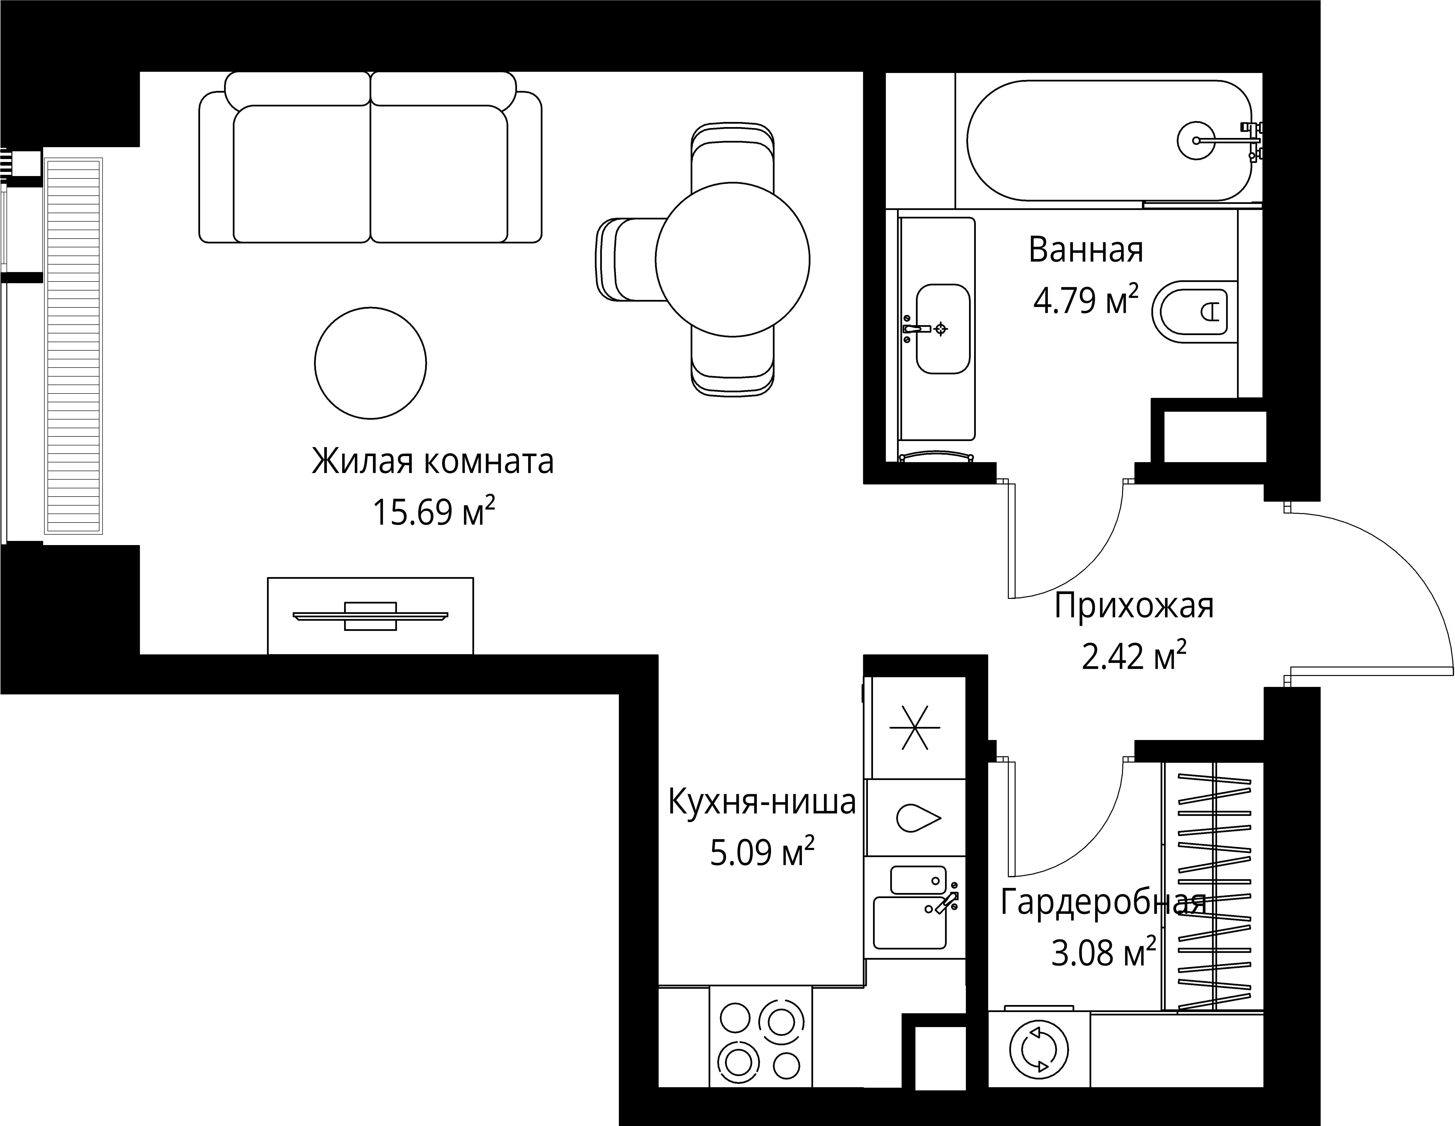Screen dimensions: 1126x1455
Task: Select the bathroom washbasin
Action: pos(942,329)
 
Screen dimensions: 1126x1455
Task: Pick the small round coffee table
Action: pos(370,363)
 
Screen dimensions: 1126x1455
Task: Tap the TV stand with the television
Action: pos(370,616)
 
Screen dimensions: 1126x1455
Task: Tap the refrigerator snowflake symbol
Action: pos(915,728)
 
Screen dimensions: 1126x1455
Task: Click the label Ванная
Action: pos(1086,250)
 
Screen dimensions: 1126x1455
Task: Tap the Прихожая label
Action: pos(1134,606)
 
